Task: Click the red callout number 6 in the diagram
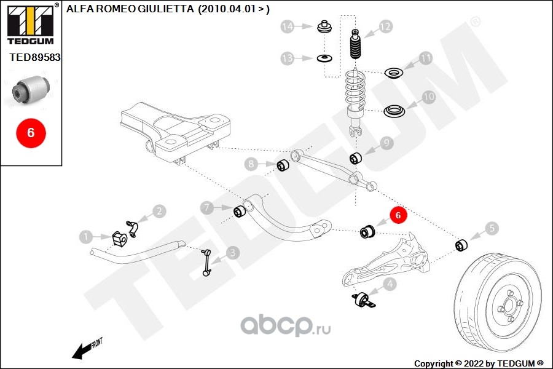tap(398, 216)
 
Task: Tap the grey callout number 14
tap(288, 26)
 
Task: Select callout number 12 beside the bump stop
tap(385, 26)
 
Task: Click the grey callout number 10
tap(428, 97)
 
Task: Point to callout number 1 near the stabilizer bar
tap(87, 236)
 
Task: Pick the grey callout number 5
tap(492, 228)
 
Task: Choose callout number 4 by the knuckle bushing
tap(389, 285)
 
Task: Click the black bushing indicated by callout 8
tap(283, 165)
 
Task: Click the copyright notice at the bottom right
tap(479, 363)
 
